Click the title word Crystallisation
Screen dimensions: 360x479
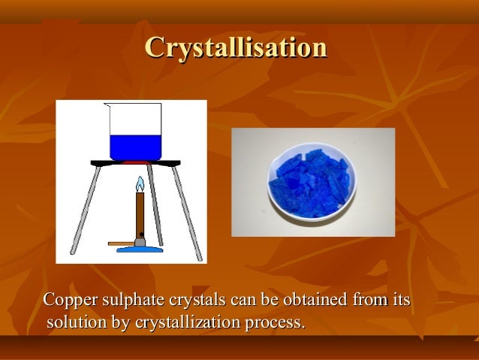(x=236, y=47)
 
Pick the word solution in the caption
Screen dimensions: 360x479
(x=74, y=324)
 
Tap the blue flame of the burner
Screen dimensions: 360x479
(x=139, y=185)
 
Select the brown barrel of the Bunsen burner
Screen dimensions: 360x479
(x=139, y=216)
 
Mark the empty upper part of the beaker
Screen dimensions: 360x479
(x=135, y=119)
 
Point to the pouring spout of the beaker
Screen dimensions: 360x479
(x=107, y=106)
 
